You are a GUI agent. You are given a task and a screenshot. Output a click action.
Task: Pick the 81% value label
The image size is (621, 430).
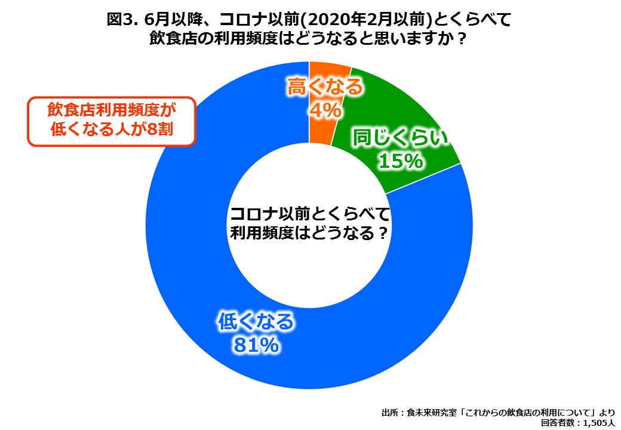pyautogui.click(x=256, y=345)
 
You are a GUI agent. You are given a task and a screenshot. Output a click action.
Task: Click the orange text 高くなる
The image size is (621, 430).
pyautogui.click(x=325, y=87)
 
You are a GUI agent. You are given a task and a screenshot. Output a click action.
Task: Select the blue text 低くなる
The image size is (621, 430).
pyautogui.click(x=257, y=322)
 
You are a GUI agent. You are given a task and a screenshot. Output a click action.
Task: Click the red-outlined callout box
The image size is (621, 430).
pyautogui.click(x=112, y=121)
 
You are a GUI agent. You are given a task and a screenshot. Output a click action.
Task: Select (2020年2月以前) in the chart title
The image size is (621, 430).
pyautogui.click(x=365, y=20)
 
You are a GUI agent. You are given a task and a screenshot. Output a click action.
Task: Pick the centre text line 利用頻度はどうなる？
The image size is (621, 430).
pyautogui.click(x=309, y=233)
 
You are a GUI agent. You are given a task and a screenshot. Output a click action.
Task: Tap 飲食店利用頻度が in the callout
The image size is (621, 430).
pyautogui.click(x=112, y=111)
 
